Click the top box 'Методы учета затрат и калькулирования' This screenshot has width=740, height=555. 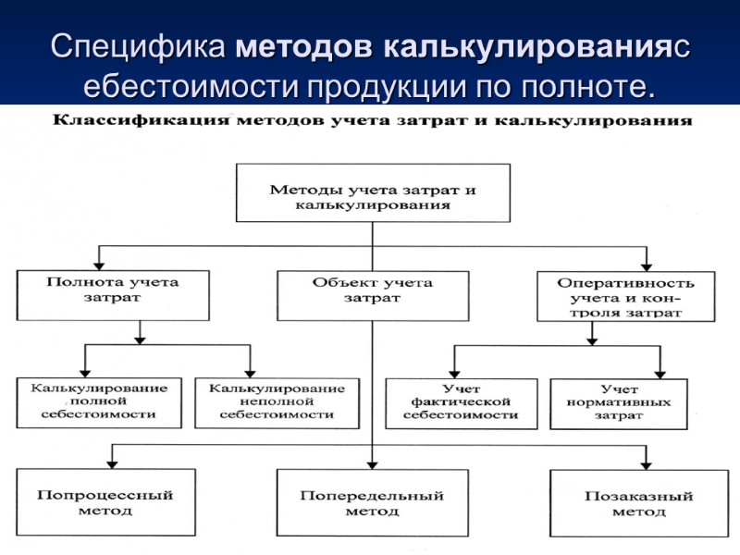(373, 193)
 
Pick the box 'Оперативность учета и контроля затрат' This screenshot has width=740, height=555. (625, 296)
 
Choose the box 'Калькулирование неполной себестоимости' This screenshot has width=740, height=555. (277, 401)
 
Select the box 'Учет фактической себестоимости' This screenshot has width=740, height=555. (460, 403)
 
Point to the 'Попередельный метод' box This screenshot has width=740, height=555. (372, 502)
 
